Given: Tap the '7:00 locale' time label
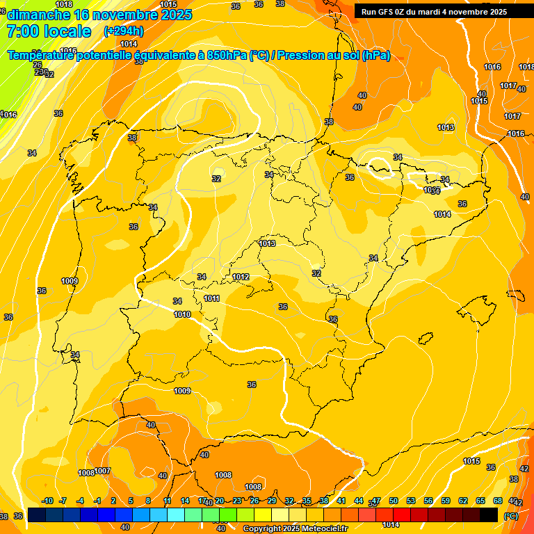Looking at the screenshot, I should tap(49, 31).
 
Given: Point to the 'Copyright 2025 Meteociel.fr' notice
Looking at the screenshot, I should tap(295, 528).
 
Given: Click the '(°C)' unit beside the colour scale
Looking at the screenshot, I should tap(510, 515).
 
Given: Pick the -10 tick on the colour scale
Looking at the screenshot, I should tap(47, 501).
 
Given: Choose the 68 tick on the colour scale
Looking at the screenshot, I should tap(498, 501).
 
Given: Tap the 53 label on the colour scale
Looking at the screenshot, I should tap(411, 501).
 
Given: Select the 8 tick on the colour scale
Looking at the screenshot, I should tap(148, 501).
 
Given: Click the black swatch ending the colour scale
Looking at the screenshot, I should tap(489, 515).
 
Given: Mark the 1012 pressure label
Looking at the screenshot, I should tap(241, 277).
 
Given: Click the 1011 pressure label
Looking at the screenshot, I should tap(212, 299).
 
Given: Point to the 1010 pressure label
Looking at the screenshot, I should tap(182, 314).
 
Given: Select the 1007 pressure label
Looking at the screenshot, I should tap(103, 471).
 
